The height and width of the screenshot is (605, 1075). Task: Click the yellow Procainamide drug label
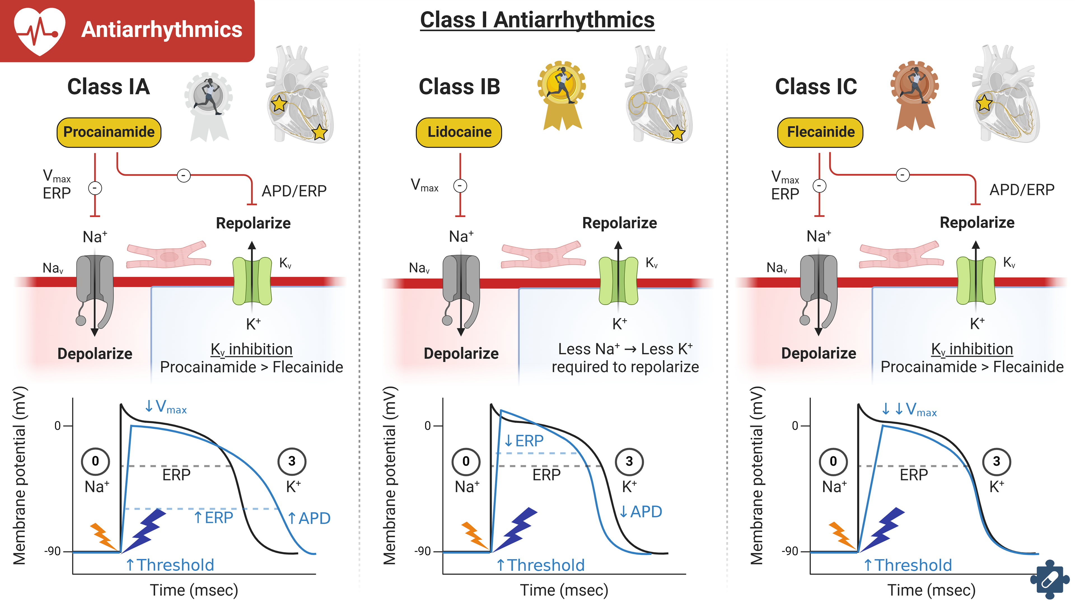[109, 132]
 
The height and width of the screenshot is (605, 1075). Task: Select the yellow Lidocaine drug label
[459, 132]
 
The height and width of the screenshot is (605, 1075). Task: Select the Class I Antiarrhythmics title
[537, 20]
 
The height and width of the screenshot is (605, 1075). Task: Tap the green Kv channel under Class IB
[618, 280]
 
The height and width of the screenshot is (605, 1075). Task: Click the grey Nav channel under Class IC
[818, 288]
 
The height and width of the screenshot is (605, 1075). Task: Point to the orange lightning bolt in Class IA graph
[103, 536]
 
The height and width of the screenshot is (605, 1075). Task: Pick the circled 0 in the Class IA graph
[95, 461]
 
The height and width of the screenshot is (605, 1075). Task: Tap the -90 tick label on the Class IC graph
[789, 551]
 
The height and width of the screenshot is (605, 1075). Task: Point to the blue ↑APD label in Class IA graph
[309, 518]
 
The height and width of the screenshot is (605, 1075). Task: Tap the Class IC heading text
[816, 87]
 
